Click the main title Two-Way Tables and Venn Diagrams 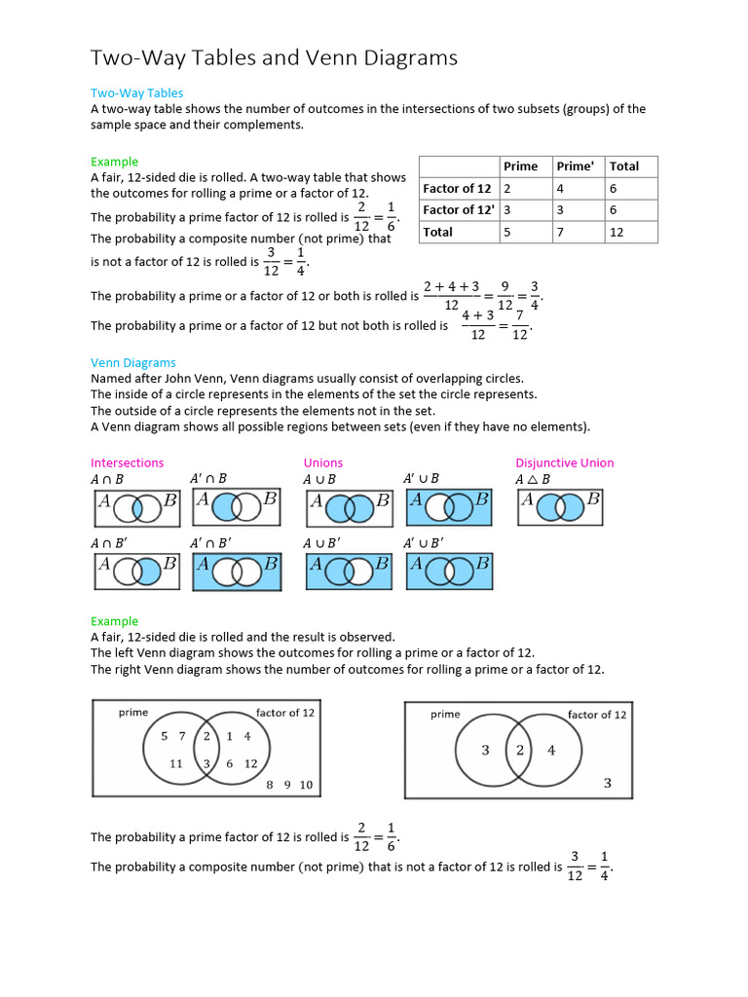coord(274,58)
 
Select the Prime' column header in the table coord(575,166)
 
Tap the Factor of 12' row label coord(458,210)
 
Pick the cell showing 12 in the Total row coord(617,233)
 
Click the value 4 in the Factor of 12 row coord(561,189)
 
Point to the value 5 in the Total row coord(506,233)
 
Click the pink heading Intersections coord(128,463)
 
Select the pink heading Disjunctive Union coord(565,463)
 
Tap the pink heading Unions coord(323,463)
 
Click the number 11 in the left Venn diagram coord(176,764)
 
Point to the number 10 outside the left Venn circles coord(306,785)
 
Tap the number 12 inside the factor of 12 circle coord(251,764)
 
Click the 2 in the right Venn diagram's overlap coord(520,750)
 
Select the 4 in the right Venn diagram coord(551,750)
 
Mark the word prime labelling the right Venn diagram coord(445,715)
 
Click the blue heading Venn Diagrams coord(133,363)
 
